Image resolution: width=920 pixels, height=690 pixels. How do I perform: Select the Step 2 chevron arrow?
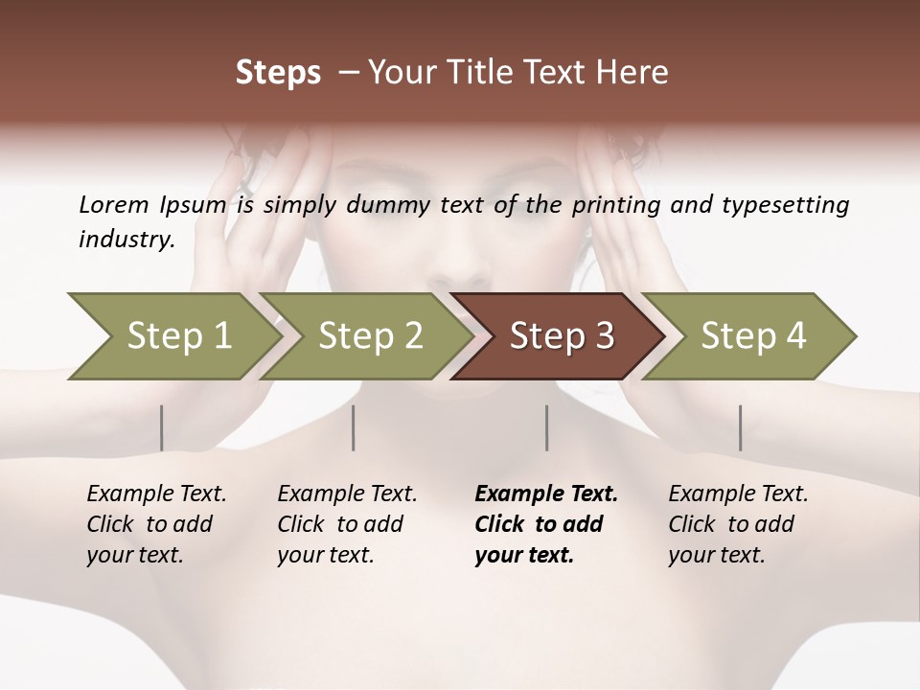(x=369, y=336)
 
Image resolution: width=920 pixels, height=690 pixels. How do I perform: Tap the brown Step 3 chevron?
(x=561, y=336)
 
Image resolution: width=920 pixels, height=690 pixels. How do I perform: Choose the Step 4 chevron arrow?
(x=752, y=336)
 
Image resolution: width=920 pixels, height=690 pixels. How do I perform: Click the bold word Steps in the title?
(x=278, y=73)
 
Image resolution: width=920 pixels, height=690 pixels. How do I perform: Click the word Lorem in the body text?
(x=113, y=204)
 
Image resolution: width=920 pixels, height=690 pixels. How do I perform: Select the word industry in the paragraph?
(x=126, y=239)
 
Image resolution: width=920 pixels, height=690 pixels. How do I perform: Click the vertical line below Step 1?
(x=161, y=427)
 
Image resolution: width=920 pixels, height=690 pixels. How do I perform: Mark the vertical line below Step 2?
(x=354, y=427)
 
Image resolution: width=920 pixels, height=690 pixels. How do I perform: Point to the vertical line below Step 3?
(x=546, y=427)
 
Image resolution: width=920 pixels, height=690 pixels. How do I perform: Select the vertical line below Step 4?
(x=740, y=427)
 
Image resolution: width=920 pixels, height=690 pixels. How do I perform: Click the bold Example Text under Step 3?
(x=546, y=494)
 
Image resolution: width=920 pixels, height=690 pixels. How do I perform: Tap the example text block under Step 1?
(x=156, y=524)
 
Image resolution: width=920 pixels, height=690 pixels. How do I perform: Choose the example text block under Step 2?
(x=347, y=524)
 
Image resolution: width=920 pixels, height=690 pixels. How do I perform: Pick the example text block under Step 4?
(x=738, y=524)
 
